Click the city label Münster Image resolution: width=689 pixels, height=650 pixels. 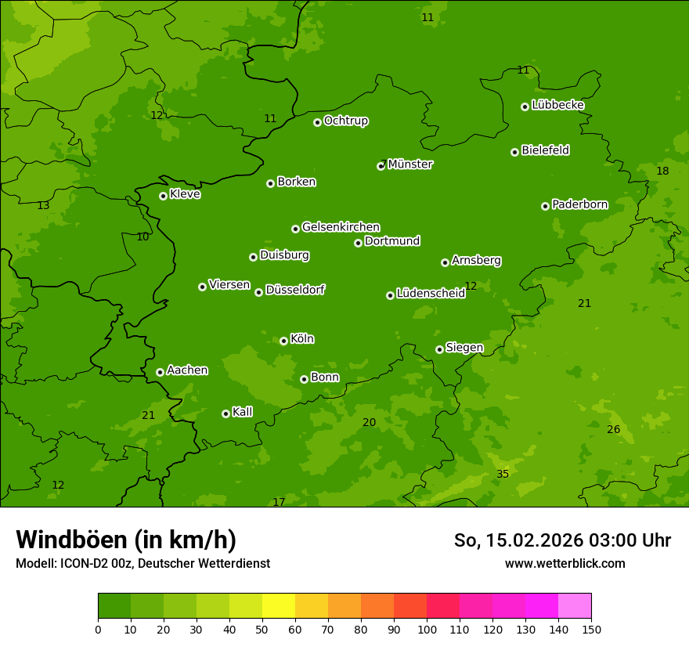(x=409, y=164)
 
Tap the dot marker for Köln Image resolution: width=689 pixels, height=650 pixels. (x=283, y=341)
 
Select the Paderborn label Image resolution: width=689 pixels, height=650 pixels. (x=579, y=204)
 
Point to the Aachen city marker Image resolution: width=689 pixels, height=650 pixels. (x=160, y=372)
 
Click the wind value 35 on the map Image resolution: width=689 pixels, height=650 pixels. (x=503, y=474)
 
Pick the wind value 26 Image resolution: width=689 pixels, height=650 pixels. (x=613, y=429)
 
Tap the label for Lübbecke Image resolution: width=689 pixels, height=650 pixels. (x=557, y=105)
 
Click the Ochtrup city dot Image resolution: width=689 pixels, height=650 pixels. (x=317, y=122)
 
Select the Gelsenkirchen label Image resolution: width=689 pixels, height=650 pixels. (x=341, y=227)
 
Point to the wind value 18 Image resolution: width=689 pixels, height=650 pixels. (x=662, y=171)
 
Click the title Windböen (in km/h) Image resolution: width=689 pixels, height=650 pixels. (x=125, y=540)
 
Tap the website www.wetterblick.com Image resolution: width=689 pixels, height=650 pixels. (x=565, y=563)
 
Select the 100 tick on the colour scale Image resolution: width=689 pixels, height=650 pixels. (x=427, y=629)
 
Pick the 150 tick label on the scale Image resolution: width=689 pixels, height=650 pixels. (x=591, y=629)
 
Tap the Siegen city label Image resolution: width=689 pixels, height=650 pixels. (x=464, y=348)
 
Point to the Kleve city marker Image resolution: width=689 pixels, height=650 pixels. (x=163, y=196)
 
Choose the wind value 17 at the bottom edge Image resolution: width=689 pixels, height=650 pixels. (x=279, y=502)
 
